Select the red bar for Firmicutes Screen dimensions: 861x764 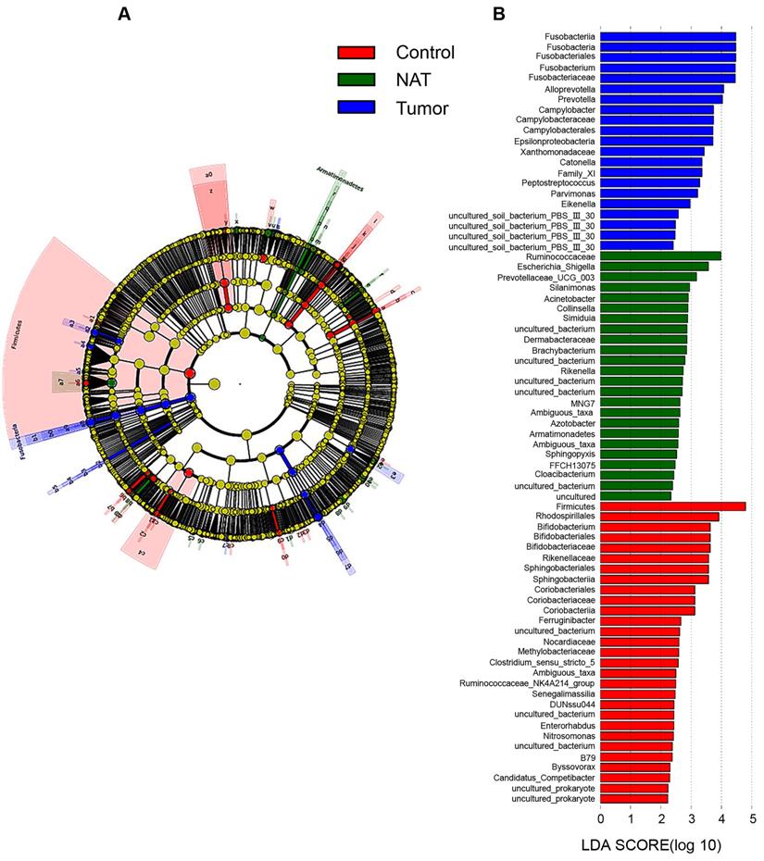pos(672,505)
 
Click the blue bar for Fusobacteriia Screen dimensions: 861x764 pos(668,36)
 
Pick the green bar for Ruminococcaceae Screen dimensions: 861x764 pos(660,256)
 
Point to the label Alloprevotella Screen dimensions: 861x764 pos(569,89)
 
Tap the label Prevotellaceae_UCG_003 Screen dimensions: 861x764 pos(546,277)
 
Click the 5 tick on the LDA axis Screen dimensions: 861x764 pos(753,818)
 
